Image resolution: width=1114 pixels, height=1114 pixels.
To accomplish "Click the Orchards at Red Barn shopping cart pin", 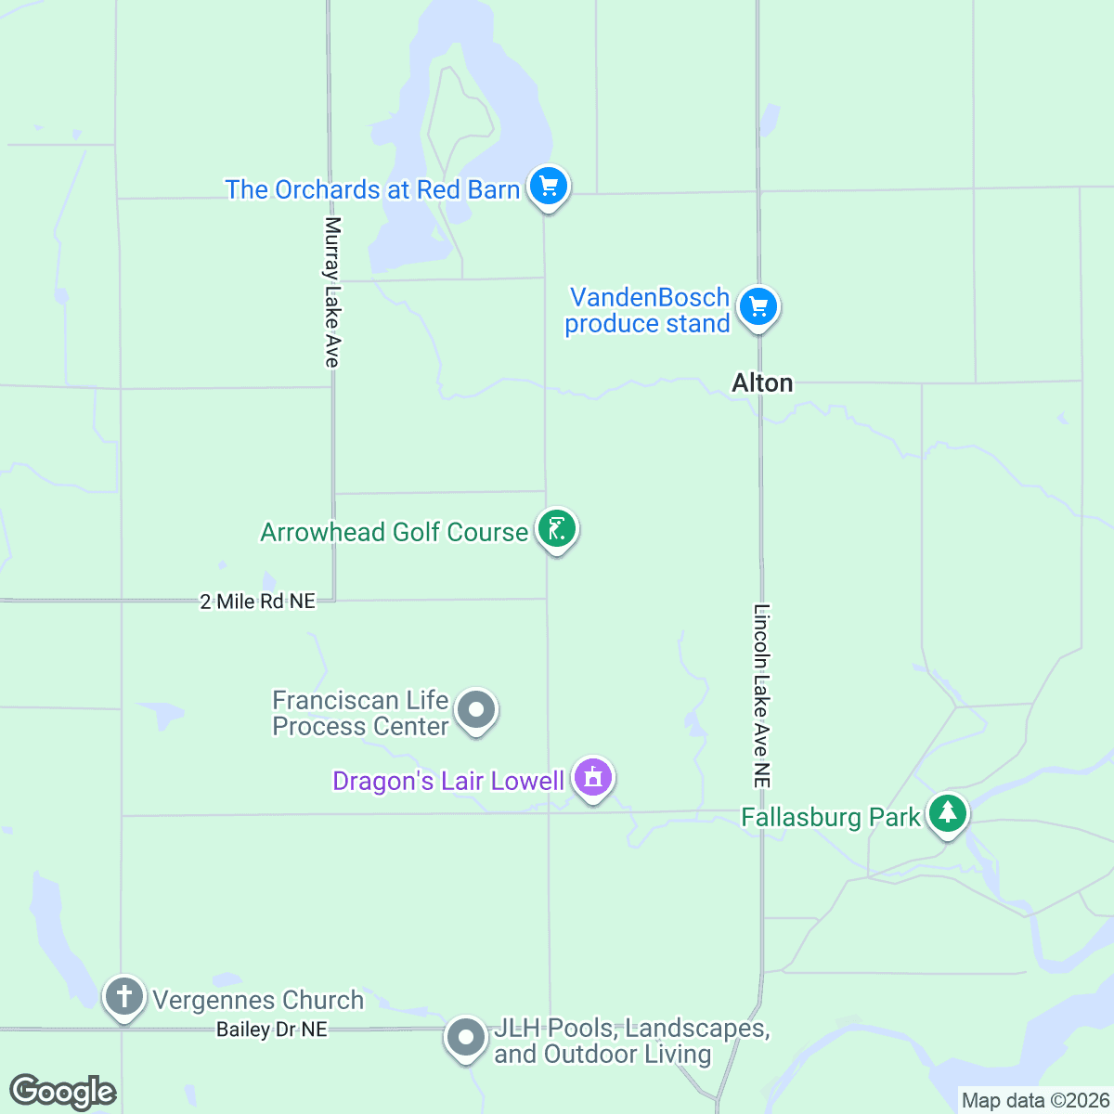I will click(x=549, y=186).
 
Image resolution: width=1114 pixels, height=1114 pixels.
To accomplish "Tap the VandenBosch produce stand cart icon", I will click(x=758, y=305).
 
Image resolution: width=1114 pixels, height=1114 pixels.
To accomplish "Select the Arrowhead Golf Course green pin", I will click(x=556, y=529).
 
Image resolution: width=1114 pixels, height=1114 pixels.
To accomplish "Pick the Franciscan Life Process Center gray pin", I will click(x=476, y=710).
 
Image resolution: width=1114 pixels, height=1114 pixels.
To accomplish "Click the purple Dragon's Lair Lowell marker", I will click(x=593, y=777).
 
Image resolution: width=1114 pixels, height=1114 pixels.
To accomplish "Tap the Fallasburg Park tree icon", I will click(x=947, y=813).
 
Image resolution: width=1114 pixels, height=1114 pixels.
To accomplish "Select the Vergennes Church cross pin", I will click(x=124, y=997).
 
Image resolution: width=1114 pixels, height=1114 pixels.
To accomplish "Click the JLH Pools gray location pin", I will click(x=465, y=1037).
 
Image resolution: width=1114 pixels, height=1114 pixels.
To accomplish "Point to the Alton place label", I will click(x=762, y=382).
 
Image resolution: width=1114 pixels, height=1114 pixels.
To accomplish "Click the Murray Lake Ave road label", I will click(x=332, y=291).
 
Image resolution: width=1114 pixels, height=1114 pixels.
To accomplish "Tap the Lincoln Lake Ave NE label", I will click(x=762, y=696).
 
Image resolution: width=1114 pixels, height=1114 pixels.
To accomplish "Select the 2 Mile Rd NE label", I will click(x=258, y=602).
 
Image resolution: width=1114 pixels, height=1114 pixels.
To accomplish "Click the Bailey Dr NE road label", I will click(x=272, y=1030).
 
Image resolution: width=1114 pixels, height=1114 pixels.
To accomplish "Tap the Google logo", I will click(x=62, y=1092).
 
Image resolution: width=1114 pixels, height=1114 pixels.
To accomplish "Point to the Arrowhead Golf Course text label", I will click(x=394, y=532).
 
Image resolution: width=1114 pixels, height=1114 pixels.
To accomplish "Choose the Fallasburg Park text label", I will click(x=831, y=817).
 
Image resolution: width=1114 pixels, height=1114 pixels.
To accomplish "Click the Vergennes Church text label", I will click(x=258, y=1000).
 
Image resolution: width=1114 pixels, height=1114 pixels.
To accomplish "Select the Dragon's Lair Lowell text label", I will click(x=448, y=781).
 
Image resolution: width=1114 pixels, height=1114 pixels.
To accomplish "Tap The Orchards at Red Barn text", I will click(x=372, y=189).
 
